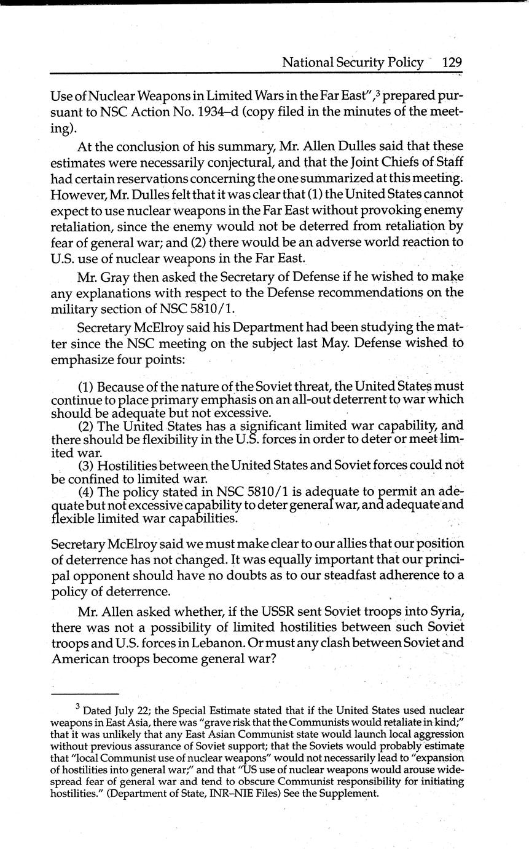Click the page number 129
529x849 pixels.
(x=451, y=62)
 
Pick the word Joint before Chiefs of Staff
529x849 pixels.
(x=349, y=162)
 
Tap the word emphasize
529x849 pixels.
(x=82, y=359)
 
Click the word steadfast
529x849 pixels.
(x=348, y=575)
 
